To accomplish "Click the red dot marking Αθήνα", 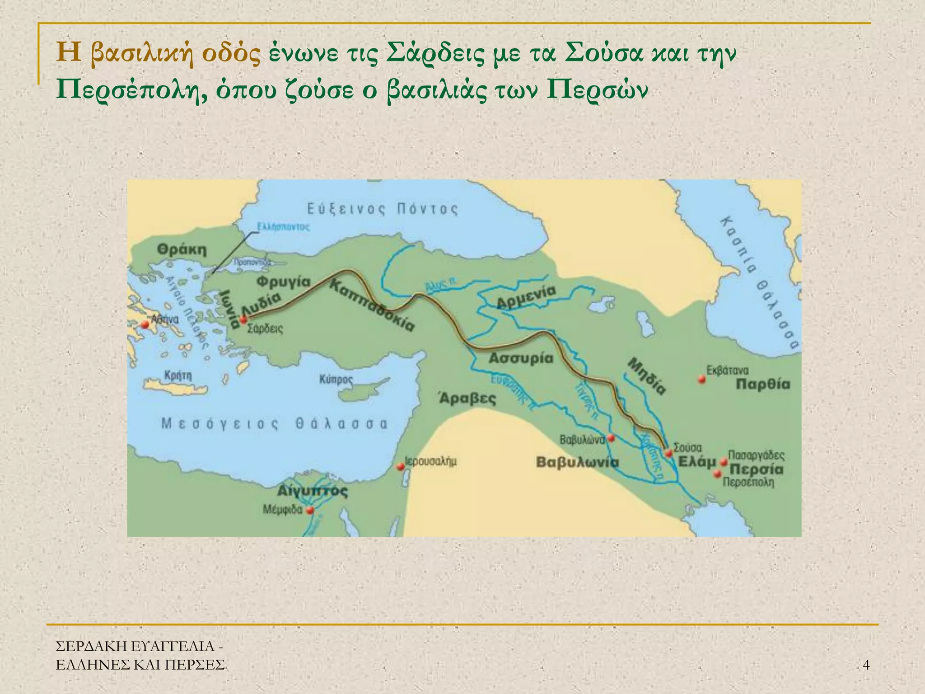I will point(145,324).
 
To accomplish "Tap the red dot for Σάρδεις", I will point(243,320).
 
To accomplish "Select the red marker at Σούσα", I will point(668,453).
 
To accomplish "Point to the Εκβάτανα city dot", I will point(701,379).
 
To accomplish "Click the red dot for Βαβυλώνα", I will point(611,437).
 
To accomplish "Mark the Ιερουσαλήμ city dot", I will point(400,467).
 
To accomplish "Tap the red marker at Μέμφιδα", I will point(310,511).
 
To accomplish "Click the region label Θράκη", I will point(182,249).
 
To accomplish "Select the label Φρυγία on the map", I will point(284,282).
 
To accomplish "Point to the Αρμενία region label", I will point(526,297).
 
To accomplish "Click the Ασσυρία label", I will point(521,359).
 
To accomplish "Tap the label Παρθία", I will point(763,385).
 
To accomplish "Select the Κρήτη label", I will point(178,375).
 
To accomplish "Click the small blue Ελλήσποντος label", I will point(283,226).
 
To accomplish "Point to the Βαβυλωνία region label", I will point(577,463).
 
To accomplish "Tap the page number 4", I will point(866,665).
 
